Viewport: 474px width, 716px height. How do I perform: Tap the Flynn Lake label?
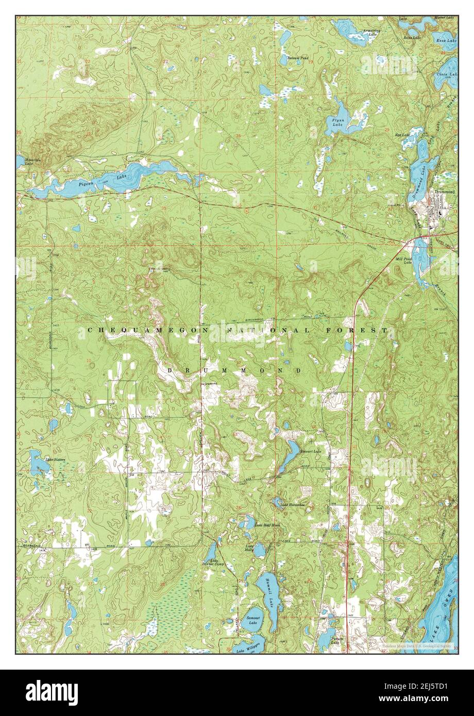tap(337, 122)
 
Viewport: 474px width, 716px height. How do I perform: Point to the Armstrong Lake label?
tap(371, 32)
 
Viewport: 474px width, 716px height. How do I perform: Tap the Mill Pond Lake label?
tap(403, 261)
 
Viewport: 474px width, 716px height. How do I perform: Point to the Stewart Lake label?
tap(310, 451)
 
